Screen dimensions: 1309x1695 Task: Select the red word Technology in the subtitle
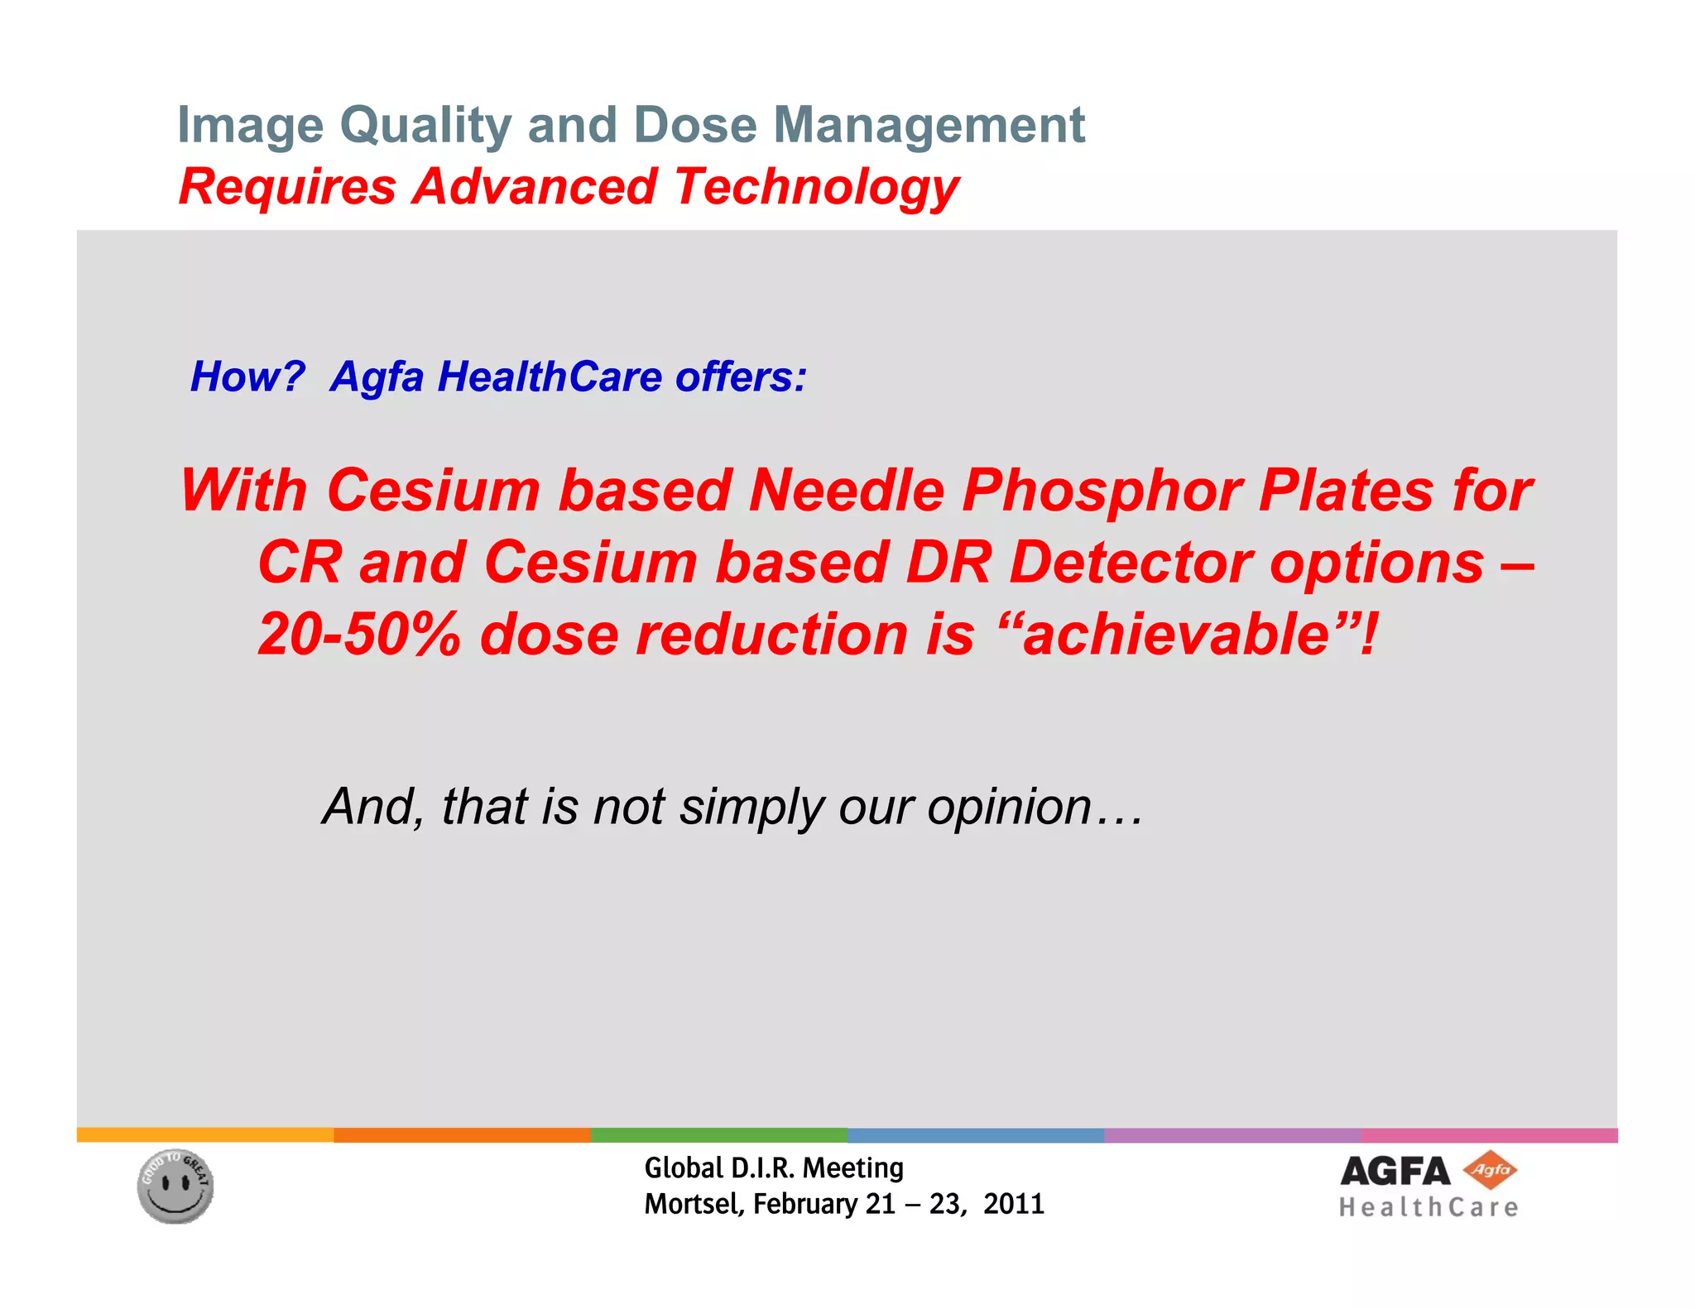tap(816, 187)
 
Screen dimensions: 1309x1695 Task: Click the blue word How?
tap(247, 376)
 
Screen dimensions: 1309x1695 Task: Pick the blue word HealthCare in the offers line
tap(550, 376)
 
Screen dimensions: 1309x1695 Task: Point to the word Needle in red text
tap(846, 491)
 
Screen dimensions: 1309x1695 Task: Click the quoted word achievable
tap(1175, 635)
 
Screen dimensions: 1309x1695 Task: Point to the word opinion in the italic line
tap(1008, 806)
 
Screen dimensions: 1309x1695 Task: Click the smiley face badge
tap(175, 1187)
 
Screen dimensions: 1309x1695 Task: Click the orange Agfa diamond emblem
tap(1490, 1170)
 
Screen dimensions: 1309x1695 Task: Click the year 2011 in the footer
tap(1014, 1204)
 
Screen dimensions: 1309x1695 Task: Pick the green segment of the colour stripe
tap(718, 1135)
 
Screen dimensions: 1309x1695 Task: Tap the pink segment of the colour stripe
tap(1489, 1135)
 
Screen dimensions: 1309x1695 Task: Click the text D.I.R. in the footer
tap(763, 1168)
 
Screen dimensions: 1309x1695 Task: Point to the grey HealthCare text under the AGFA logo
tap(1429, 1208)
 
